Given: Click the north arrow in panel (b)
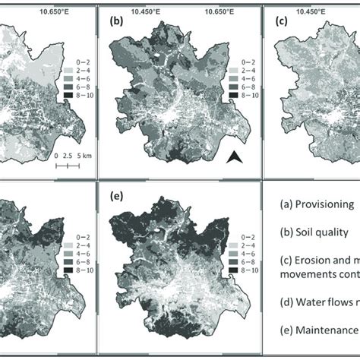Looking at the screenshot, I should point(235,157).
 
